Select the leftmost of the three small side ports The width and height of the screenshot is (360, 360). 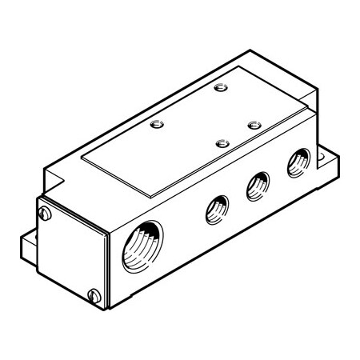click(x=215, y=210)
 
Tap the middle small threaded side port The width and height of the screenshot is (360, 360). click(x=256, y=185)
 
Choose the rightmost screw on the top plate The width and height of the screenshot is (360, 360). click(x=254, y=125)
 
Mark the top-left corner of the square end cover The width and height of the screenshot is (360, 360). click(x=38, y=200)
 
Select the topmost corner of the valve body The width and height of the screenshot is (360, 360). click(x=254, y=55)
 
